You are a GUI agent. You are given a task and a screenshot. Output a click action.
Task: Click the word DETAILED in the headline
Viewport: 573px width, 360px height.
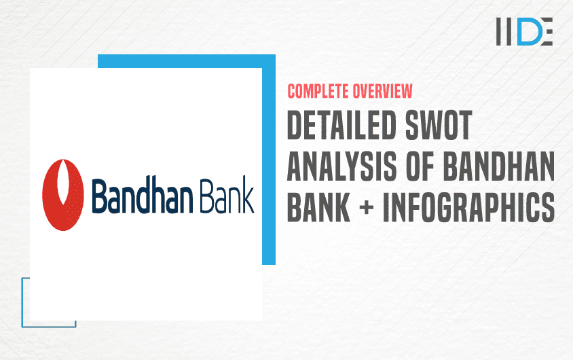341,126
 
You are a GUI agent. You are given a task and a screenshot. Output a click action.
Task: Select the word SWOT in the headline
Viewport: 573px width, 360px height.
439,126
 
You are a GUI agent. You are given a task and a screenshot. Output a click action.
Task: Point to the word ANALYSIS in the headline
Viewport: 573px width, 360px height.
341,166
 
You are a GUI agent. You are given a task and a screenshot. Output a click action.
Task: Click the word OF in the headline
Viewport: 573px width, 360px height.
420,166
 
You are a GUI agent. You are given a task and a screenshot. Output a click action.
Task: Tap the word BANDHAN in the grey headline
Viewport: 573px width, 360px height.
499,166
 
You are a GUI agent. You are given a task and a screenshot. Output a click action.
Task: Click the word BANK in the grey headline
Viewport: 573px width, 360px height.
318,207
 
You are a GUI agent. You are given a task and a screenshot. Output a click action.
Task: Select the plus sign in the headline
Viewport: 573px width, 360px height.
367,208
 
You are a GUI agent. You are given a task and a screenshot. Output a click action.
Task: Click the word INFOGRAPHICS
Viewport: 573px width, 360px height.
469,207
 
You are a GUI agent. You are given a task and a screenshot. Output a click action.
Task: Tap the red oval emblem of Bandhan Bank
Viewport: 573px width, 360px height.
63,195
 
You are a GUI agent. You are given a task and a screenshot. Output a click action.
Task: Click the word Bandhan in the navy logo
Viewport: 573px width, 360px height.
142,195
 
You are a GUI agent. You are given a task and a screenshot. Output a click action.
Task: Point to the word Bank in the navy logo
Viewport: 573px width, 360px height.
227,195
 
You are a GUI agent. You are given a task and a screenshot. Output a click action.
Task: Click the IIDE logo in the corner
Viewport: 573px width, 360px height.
524,31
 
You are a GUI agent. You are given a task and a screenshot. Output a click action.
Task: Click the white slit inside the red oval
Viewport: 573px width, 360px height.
63,183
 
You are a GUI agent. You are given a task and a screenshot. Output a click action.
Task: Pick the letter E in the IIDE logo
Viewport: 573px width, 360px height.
546,31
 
